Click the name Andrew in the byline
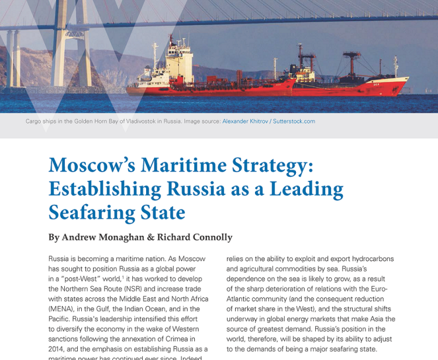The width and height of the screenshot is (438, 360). [84, 237]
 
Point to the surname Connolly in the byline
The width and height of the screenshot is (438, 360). [210, 237]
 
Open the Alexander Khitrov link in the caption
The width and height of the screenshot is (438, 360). [244, 121]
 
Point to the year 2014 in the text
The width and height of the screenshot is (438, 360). [58, 349]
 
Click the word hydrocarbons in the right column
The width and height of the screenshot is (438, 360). [370, 259]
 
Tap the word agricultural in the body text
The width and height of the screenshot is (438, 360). [254, 269]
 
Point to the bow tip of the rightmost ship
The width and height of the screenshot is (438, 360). [408, 79]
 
